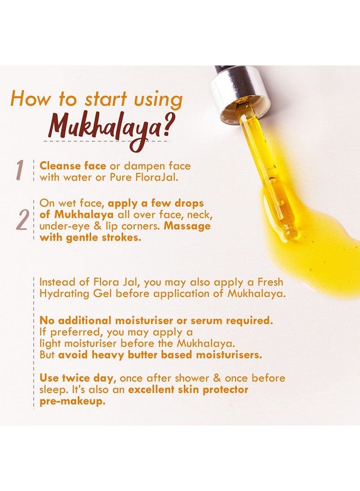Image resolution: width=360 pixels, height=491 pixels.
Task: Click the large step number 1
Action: (x=20, y=170)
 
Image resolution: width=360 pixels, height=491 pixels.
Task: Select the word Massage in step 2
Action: (x=187, y=226)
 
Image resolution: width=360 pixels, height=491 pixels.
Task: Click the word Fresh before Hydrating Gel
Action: (x=270, y=282)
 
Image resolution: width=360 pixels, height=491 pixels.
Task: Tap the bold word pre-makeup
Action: (x=73, y=402)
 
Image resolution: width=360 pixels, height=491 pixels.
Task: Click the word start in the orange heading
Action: (x=105, y=99)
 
